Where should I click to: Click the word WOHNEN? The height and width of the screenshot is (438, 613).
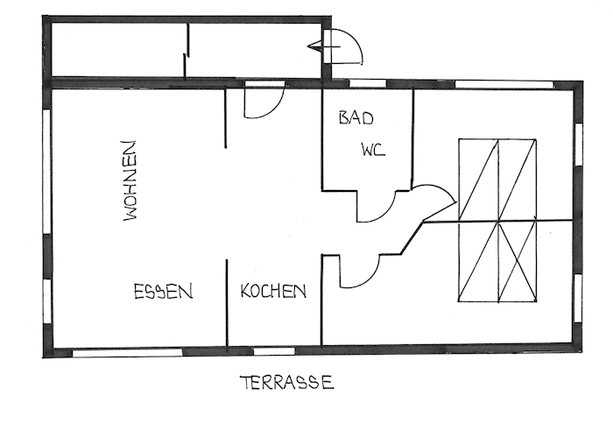coord(130,180)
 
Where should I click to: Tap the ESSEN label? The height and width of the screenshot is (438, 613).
coord(164,292)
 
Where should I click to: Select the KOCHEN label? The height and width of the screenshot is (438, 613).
coord(273,291)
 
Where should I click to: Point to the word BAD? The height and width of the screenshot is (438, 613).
coord(356,117)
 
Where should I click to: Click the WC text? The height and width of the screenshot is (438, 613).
coord(373,150)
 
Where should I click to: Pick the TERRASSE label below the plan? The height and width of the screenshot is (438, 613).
coord(287,383)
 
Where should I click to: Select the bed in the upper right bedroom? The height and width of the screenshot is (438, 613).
coord(497,180)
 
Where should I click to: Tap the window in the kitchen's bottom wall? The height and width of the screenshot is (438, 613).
coord(274,351)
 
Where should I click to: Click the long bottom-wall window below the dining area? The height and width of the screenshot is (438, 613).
coord(128,353)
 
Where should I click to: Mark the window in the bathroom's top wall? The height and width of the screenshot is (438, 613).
coord(368,83)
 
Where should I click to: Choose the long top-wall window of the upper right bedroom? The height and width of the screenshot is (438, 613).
coord(504,84)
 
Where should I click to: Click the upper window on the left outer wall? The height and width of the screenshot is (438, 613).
coord(46,172)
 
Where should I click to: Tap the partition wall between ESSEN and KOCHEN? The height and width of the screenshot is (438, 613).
coord(227,303)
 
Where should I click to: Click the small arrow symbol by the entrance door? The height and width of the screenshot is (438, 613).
coord(317,46)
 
